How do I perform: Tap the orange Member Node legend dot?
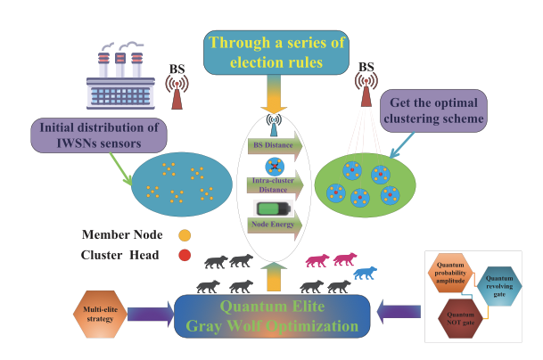pos(185,236)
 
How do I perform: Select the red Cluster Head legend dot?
pos(185,256)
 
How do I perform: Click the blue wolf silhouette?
pos(365,269)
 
